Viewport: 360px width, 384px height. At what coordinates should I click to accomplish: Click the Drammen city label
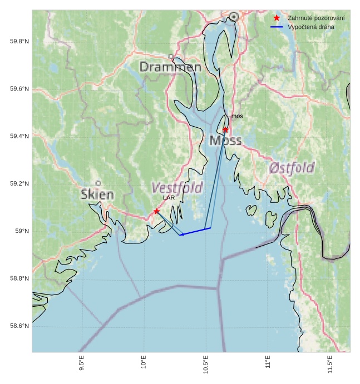pyautogui.click(x=170, y=67)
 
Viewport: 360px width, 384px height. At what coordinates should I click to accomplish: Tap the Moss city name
pyautogui.click(x=225, y=140)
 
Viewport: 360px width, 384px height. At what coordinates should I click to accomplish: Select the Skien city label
pyautogui.click(x=97, y=195)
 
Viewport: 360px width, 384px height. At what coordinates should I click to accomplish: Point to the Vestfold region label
pyautogui.click(x=177, y=188)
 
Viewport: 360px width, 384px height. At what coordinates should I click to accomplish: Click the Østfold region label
pyautogui.click(x=292, y=167)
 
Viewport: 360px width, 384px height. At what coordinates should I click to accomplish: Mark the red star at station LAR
pyautogui.click(x=157, y=211)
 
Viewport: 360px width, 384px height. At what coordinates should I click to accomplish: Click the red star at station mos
pyautogui.click(x=225, y=129)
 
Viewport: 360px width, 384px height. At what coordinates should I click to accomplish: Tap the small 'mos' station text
pyautogui.click(x=237, y=116)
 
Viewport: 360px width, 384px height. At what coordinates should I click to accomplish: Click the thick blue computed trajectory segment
pyautogui.click(x=195, y=231)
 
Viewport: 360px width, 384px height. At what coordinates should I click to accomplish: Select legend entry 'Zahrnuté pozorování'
pyautogui.click(x=315, y=18)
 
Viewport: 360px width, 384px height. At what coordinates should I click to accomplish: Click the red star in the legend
pyautogui.click(x=277, y=18)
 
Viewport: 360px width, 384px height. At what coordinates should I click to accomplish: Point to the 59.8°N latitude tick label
pyautogui.click(x=19, y=42)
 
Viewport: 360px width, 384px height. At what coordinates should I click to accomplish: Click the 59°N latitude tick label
pyautogui.click(x=22, y=231)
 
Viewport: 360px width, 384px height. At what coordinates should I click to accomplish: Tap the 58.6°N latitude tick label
pyautogui.click(x=19, y=326)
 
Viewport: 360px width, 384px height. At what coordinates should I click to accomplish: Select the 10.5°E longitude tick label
pyautogui.click(x=206, y=365)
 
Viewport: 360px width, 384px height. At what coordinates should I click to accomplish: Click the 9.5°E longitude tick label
pyautogui.click(x=81, y=365)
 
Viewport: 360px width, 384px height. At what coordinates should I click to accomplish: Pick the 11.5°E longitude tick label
pyautogui.click(x=330, y=365)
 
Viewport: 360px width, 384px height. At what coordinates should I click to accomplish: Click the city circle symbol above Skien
pyautogui.click(x=98, y=183)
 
